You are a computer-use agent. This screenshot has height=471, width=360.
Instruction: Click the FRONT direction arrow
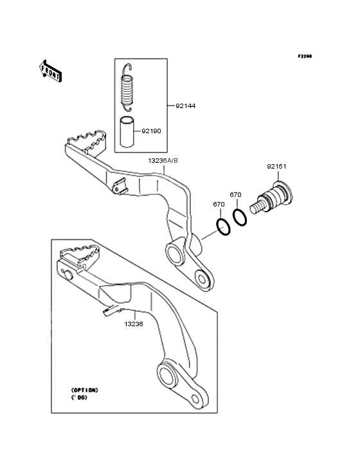(x=50, y=71)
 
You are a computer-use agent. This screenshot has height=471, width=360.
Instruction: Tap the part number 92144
(x=185, y=106)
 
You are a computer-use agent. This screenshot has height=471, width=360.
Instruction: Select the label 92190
(x=151, y=131)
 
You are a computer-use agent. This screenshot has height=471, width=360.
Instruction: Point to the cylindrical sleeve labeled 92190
(x=127, y=132)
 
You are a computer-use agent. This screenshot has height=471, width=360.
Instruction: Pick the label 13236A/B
(x=163, y=161)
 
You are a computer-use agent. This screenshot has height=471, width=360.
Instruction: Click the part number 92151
(x=276, y=167)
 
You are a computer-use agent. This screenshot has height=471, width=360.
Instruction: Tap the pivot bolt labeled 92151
(x=271, y=198)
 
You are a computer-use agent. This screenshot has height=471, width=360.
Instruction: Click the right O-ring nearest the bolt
(x=240, y=217)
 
